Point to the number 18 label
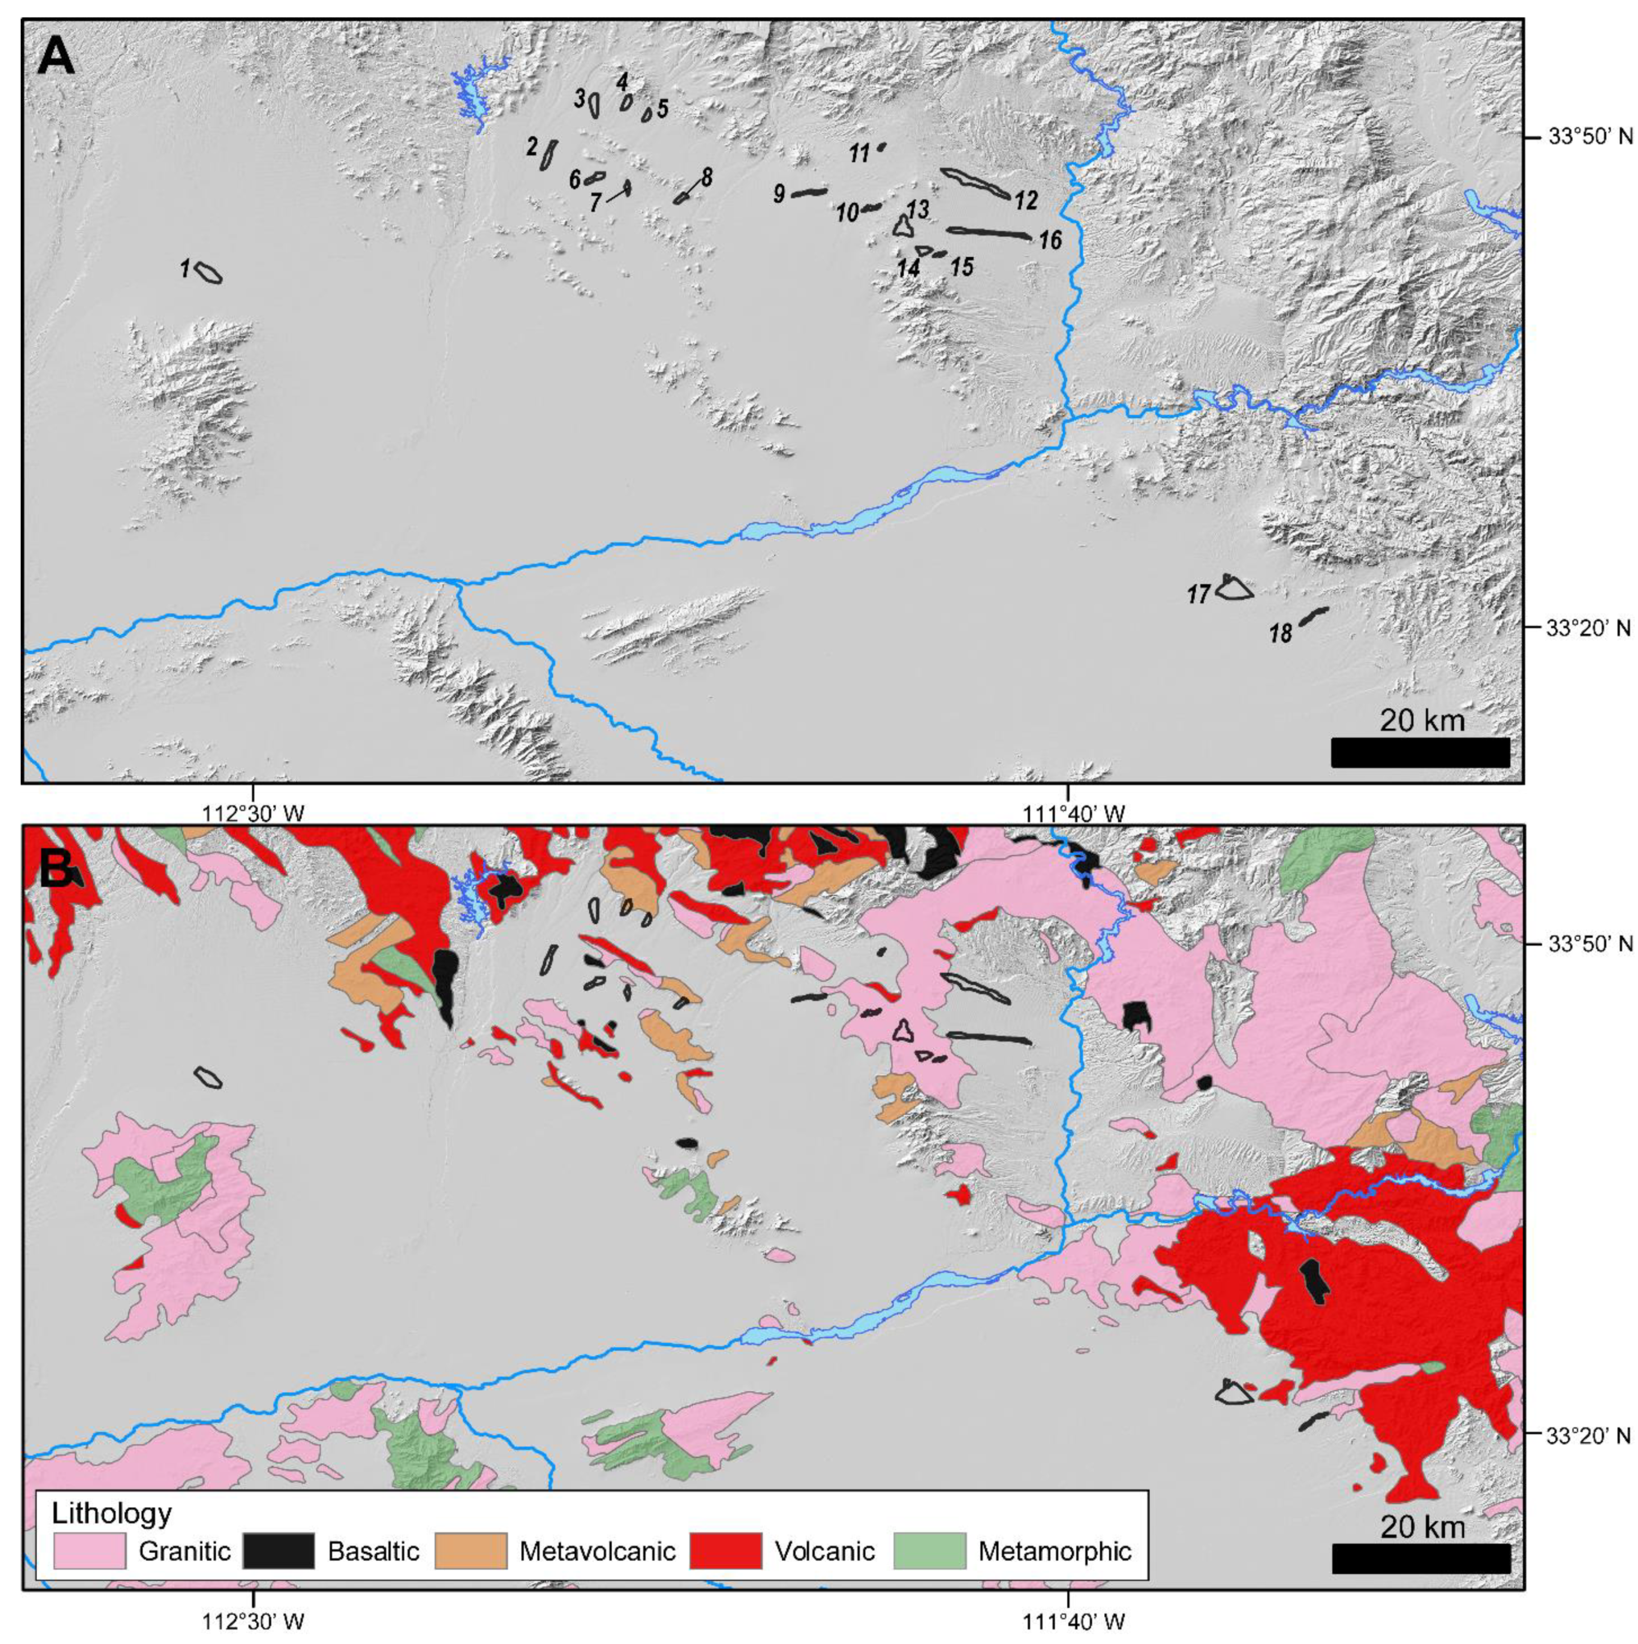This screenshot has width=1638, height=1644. pos(1281,633)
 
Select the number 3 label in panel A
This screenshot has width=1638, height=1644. pos(580,99)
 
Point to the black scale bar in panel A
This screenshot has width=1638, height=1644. pos(1419,752)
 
